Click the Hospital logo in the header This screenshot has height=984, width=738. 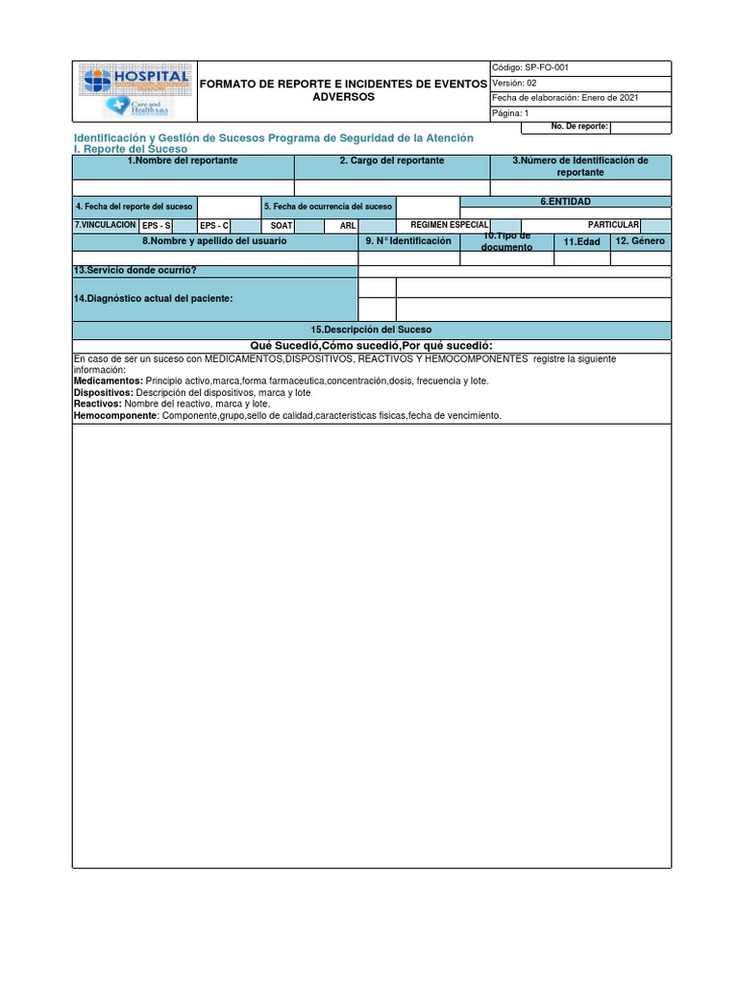pos(135,91)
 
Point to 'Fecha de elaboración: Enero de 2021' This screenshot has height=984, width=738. pos(565,98)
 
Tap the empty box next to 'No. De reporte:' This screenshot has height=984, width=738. pos(640,127)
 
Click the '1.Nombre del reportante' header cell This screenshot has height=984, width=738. pos(183,160)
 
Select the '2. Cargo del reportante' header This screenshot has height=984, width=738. pos(392,160)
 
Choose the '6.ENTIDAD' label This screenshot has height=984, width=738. pos(565,202)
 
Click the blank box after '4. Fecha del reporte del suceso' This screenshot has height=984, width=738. pos(227,207)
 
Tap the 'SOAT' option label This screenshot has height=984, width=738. pos(281,226)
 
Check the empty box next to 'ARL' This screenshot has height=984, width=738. pos(373,226)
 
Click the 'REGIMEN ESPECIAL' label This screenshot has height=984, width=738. pos(450,225)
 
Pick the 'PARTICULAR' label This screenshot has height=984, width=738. pos(613,225)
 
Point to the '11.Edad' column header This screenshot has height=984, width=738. pos(581,242)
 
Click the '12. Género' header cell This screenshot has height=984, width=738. pos(640,241)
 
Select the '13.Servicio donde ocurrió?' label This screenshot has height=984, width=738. pos(135,271)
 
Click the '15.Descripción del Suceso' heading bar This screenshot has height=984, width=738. pos(371,330)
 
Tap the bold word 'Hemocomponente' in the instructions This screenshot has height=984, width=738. pos(115,416)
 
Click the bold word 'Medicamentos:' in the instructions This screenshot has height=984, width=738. pos(108,381)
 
